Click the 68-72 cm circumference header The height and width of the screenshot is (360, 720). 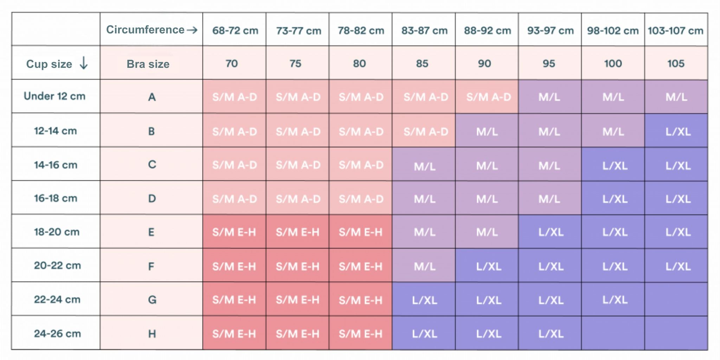coord(235,31)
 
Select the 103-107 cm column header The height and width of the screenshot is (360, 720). coord(675,31)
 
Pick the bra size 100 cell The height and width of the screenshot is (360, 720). coord(613,64)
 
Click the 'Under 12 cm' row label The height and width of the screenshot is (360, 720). coord(54,96)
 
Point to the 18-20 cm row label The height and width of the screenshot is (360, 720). coord(56,232)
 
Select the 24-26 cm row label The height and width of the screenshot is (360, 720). coord(57,333)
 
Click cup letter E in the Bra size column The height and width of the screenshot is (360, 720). coord(151,232)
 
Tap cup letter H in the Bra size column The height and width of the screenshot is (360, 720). coord(152,333)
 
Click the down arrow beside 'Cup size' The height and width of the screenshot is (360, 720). coord(84,63)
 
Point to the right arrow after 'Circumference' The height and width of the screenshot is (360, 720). coord(192,30)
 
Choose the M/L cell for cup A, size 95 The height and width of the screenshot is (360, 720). coord(549,97)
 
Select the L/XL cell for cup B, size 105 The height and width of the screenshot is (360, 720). coord(678,132)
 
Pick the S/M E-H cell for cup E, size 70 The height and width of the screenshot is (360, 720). coord(234,232)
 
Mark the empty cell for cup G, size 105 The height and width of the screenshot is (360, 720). coord(676,299)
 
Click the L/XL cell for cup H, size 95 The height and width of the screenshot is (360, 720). coord(551,333)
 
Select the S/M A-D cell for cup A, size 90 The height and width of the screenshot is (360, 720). coord(488,97)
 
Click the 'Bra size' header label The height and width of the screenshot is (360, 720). coord(148,64)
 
